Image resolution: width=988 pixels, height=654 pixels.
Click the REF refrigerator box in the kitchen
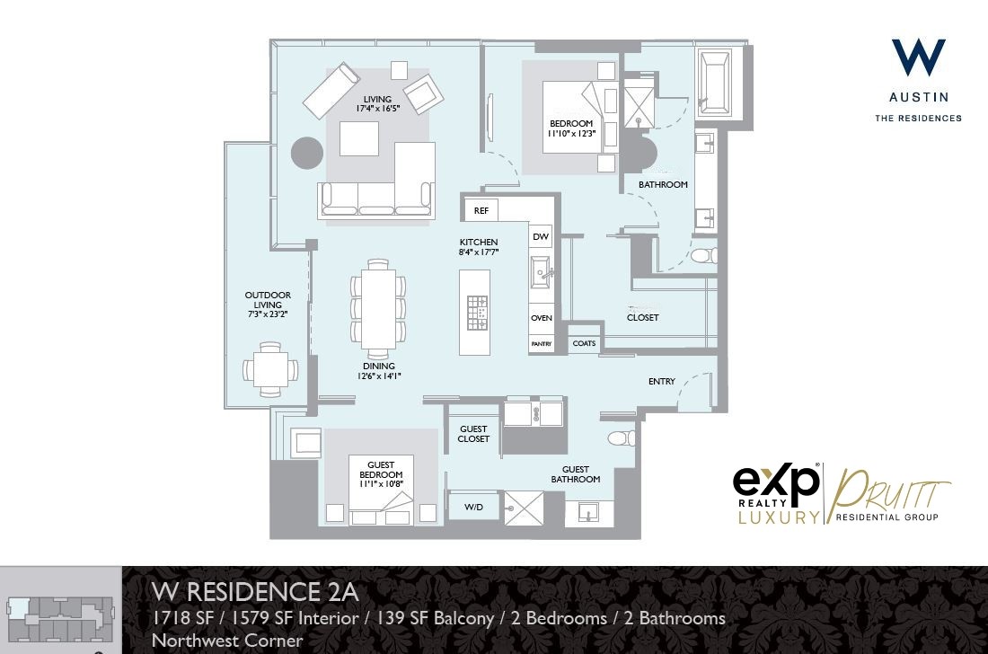(x=481, y=210)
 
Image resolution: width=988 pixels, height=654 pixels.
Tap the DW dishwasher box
(x=540, y=237)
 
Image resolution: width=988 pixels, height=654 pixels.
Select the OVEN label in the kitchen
(x=541, y=318)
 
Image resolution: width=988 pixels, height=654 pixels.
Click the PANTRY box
(x=541, y=344)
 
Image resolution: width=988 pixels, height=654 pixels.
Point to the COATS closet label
(x=584, y=343)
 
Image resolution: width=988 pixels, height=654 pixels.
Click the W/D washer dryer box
(x=473, y=508)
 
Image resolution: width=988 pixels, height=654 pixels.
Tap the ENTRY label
(x=661, y=382)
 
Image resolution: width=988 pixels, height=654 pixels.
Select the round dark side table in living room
(x=307, y=153)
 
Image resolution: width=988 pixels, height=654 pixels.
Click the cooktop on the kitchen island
(x=476, y=314)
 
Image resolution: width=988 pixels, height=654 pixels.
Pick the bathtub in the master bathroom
(x=715, y=82)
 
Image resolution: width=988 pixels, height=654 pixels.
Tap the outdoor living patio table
(x=270, y=369)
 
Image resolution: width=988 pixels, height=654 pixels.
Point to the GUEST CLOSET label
(x=473, y=434)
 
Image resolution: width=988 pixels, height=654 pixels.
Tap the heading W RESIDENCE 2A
(x=255, y=592)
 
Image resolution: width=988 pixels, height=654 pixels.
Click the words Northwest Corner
(x=227, y=641)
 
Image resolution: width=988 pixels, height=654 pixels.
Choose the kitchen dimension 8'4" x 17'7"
(x=479, y=252)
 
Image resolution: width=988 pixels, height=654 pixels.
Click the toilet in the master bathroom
(x=704, y=256)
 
